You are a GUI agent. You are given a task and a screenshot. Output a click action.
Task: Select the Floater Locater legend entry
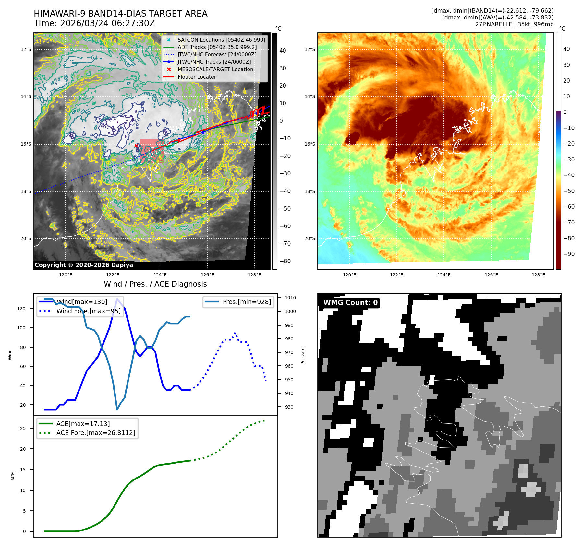tap(197, 77)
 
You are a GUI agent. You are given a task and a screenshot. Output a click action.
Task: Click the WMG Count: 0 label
tap(350, 303)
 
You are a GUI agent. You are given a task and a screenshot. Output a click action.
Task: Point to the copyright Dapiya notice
tap(84, 265)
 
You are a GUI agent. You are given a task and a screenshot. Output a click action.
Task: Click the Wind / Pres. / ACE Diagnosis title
tap(155, 284)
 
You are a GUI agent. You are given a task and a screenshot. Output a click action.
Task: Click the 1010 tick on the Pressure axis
tap(290, 298)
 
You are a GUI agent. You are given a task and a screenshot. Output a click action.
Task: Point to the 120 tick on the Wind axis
tap(21, 309)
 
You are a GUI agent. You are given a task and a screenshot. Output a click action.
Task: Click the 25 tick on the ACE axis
tap(23, 428)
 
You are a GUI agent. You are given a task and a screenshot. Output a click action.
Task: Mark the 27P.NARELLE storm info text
tap(514, 24)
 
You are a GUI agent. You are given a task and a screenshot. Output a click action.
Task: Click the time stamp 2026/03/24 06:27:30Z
tap(107, 24)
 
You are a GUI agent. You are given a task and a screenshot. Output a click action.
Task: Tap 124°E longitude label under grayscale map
tap(160, 275)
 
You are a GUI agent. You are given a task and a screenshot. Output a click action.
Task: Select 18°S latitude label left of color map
tap(310, 191)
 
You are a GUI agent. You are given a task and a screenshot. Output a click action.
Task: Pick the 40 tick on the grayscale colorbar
tap(283, 51)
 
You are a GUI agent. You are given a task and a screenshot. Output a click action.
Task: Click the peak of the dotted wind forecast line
tap(235, 333)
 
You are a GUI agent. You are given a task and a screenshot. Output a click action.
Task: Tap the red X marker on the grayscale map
tap(136, 146)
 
